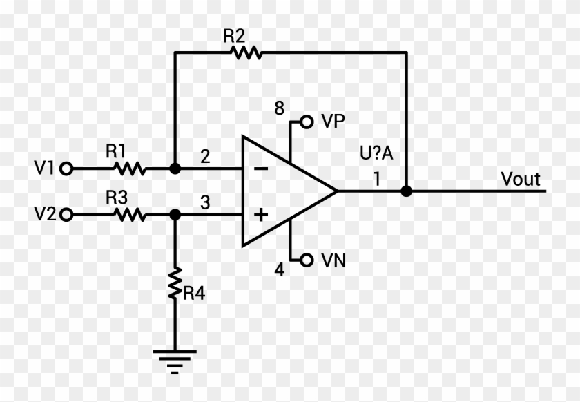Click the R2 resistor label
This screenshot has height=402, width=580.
[x=234, y=36]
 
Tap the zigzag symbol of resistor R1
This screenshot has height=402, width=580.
[x=129, y=168]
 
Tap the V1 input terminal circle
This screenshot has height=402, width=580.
[x=66, y=168]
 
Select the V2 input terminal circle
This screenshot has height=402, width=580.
[x=66, y=216]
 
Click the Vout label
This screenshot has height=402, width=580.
[x=521, y=180]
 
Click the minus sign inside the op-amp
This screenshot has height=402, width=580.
[x=260, y=169]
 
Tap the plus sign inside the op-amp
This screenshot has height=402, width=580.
[x=260, y=216]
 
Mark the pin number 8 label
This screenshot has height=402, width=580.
[x=279, y=108]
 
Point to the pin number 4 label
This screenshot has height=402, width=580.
[x=279, y=270]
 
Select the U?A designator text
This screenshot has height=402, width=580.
[x=376, y=153]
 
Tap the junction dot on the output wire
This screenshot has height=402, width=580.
[x=406, y=191]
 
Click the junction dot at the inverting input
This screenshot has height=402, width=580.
[x=175, y=168]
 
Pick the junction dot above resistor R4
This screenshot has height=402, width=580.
[x=175, y=216]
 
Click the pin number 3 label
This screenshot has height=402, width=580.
[x=204, y=203]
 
